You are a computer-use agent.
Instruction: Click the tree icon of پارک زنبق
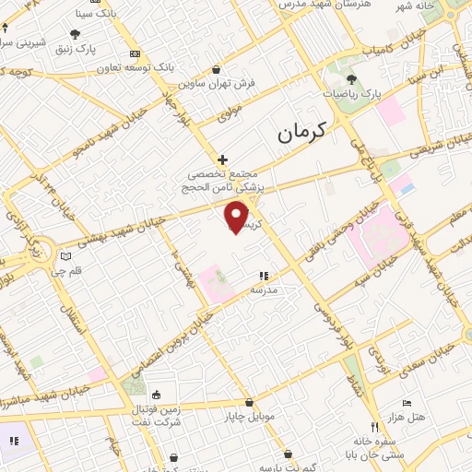(x=74, y=34)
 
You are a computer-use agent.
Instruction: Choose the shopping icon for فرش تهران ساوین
(x=216, y=69)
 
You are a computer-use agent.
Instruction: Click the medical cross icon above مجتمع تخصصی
(x=222, y=159)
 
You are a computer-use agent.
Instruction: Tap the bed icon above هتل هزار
(x=407, y=403)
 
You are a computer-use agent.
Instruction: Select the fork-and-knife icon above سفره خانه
(x=374, y=427)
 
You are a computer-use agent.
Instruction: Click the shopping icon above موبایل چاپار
(x=249, y=403)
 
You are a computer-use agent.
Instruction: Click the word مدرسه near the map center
(x=265, y=289)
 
